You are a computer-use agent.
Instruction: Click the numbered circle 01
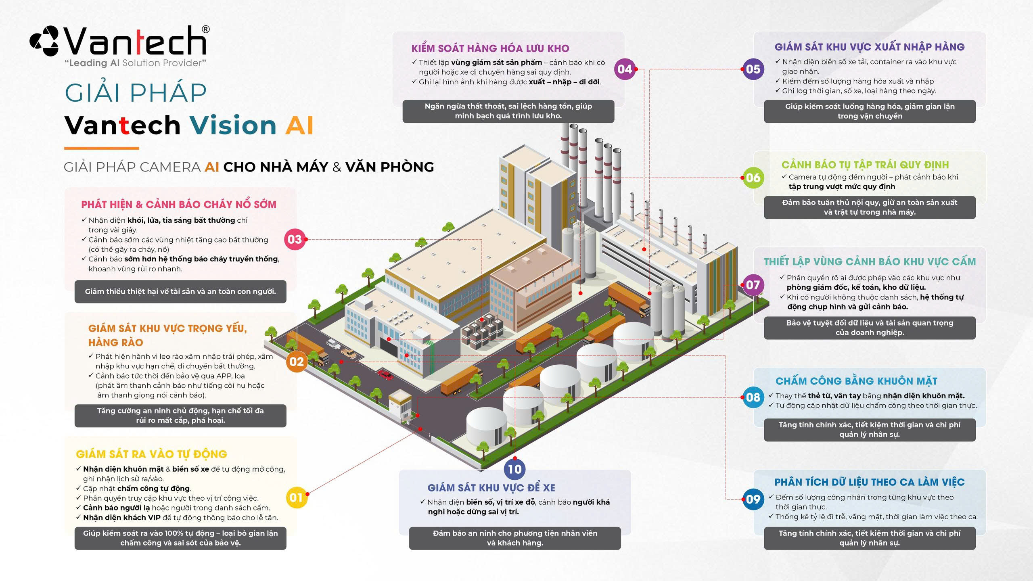tap(296, 497)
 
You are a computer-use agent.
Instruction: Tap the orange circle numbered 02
tap(297, 362)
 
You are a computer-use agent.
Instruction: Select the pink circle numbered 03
tap(295, 239)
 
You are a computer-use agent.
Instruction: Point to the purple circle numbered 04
tap(625, 69)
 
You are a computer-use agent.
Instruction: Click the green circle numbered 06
tap(753, 178)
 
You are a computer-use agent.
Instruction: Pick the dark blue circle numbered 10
tap(514, 469)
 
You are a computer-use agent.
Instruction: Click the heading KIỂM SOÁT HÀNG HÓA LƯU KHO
tap(490, 49)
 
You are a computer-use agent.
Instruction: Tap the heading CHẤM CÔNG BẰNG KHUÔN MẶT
tap(856, 381)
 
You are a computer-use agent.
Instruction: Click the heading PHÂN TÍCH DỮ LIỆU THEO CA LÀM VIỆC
tap(869, 482)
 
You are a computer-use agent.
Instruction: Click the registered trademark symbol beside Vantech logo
tap(205, 29)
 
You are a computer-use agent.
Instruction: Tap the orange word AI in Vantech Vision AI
tap(299, 125)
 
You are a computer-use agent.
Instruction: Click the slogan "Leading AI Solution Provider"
tap(135, 63)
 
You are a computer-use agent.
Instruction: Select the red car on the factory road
tap(385, 375)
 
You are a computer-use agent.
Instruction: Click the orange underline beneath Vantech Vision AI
tap(102, 148)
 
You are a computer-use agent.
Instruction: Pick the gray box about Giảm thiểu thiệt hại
tap(180, 291)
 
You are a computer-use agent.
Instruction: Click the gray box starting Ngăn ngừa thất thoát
tap(508, 111)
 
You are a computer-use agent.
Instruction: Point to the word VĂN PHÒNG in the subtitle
tap(389, 167)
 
